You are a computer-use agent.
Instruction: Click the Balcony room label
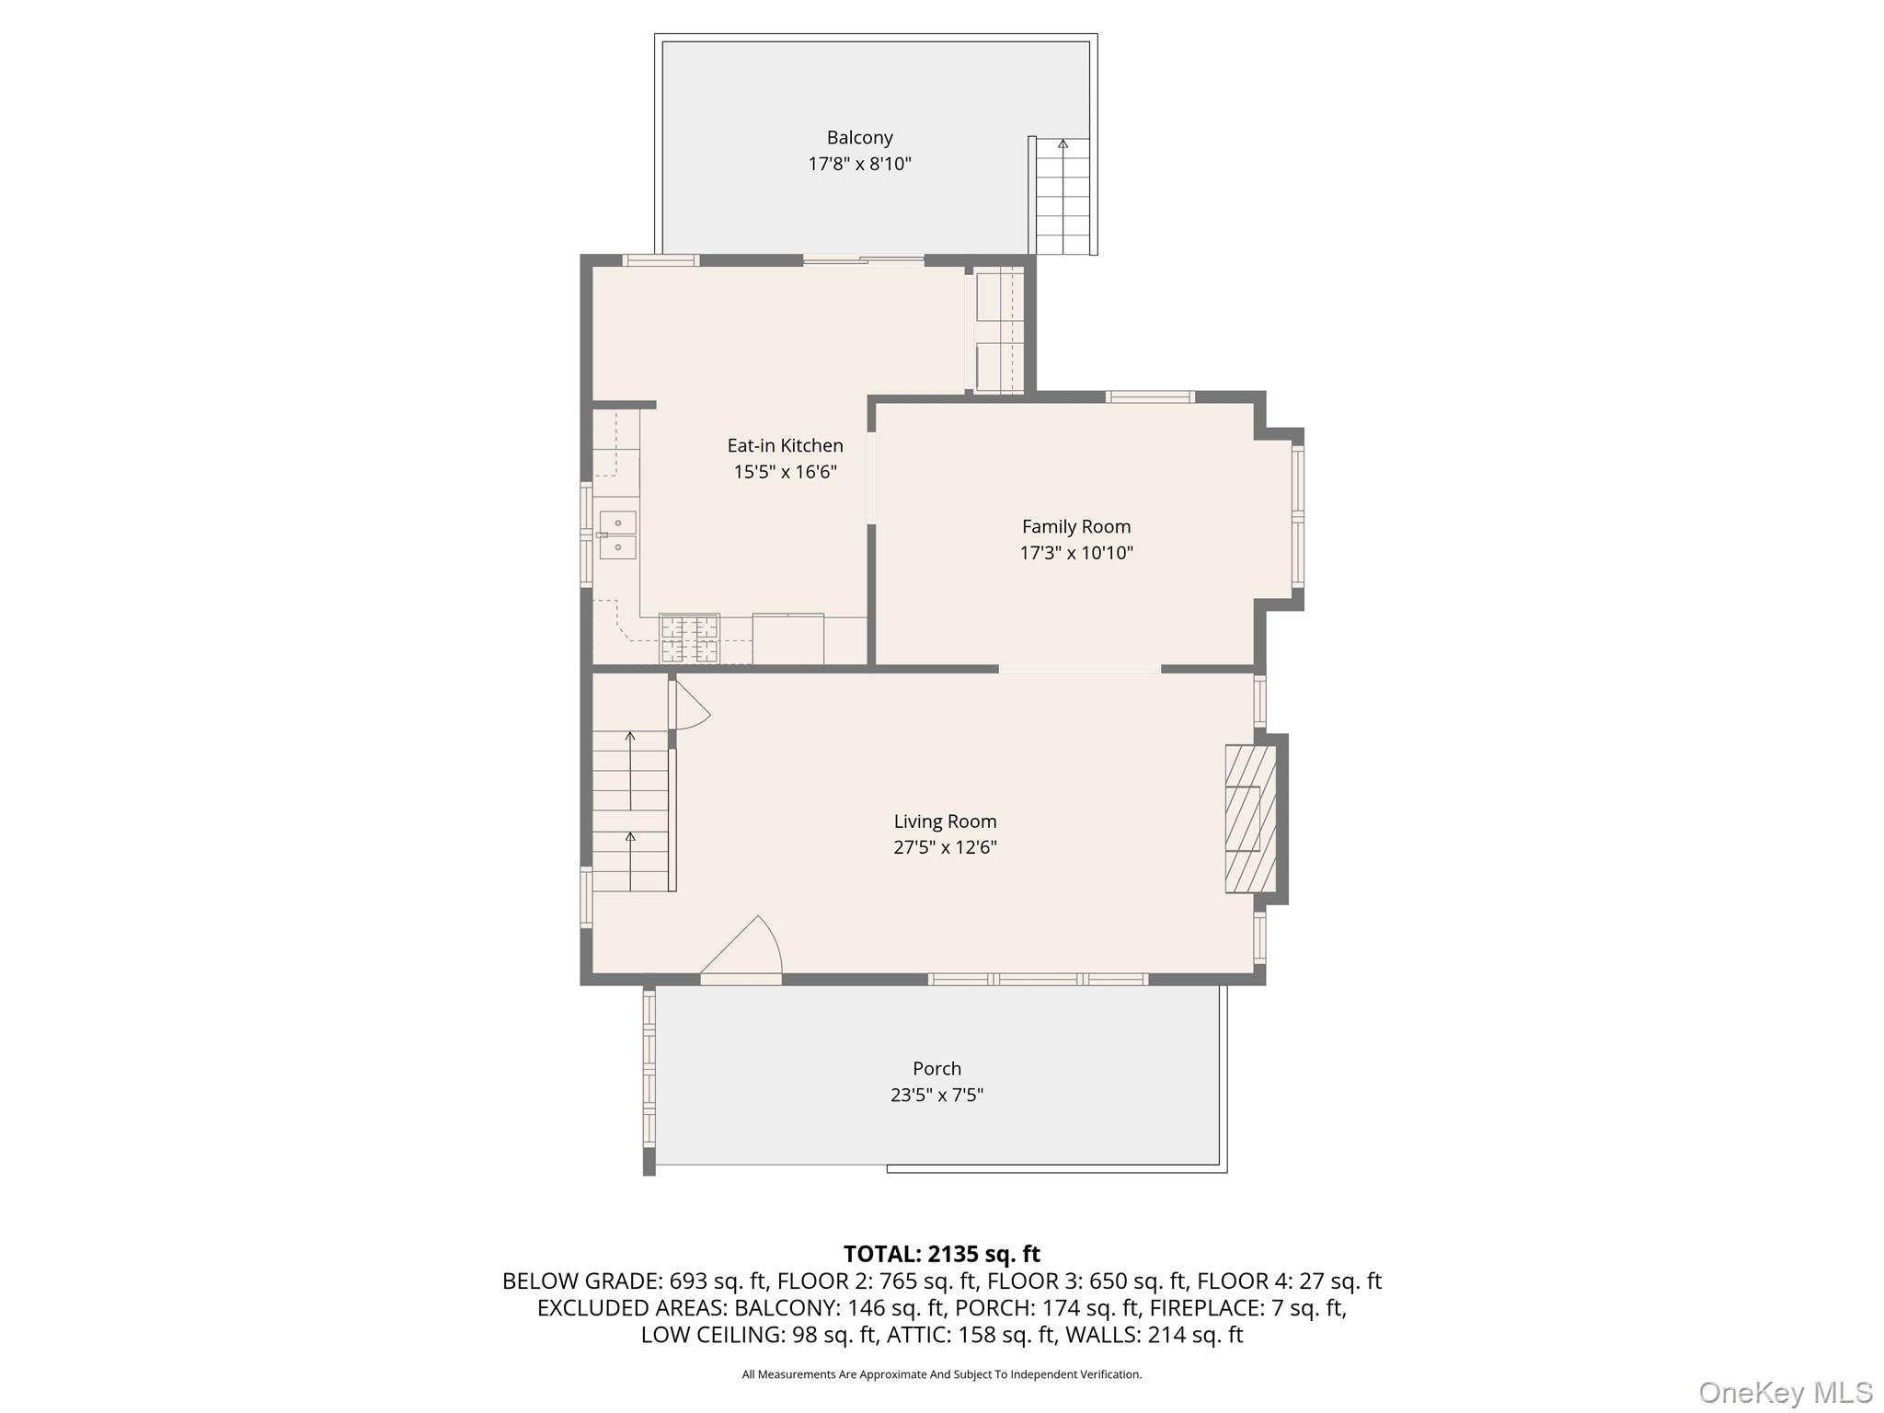point(859,138)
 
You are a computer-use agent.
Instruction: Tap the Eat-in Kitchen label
point(785,445)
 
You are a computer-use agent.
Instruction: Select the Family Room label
point(1076,527)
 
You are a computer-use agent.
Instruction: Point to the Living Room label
point(945,821)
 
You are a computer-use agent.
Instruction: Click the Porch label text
point(936,1069)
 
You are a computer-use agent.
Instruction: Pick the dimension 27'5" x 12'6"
point(945,847)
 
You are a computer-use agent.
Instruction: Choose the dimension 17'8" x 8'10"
point(859,164)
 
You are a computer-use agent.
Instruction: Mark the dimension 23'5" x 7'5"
point(936,1095)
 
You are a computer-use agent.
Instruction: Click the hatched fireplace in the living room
point(1250,819)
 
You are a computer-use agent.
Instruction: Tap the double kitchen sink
point(618,535)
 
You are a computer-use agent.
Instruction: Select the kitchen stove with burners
point(689,638)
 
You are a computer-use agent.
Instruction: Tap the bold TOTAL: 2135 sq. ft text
point(942,1254)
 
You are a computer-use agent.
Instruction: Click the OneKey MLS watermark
point(1786,1392)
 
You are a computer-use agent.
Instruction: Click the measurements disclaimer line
point(942,1374)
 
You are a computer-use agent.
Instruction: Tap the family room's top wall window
point(1150,397)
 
